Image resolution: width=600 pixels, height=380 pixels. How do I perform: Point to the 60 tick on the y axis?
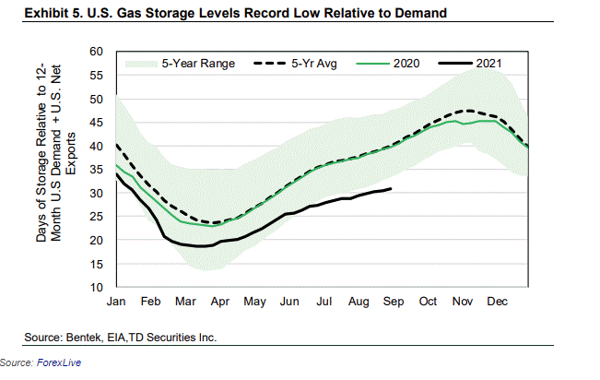click(97, 52)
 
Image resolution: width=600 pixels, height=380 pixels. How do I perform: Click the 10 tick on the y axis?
click(97, 288)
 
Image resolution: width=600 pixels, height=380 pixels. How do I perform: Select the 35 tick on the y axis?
click(97, 170)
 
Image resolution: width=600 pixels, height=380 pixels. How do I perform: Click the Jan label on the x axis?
click(117, 302)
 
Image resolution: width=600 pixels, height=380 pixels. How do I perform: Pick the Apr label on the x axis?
click(219, 302)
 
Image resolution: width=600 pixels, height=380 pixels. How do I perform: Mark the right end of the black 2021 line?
click(392, 189)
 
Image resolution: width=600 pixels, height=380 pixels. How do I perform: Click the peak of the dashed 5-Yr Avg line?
click(471, 111)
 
